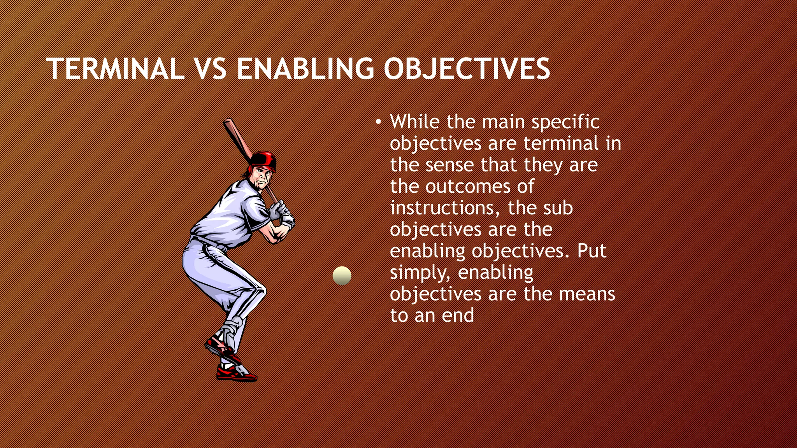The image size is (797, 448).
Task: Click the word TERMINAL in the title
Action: click(x=115, y=69)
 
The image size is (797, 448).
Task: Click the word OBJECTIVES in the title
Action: click(x=467, y=69)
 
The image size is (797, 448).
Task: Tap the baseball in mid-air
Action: click(x=342, y=275)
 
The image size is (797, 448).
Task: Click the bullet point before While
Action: click(x=378, y=122)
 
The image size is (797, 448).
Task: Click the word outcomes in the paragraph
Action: click(x=468, y=187)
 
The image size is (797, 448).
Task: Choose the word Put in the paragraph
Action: click(x=592, y=251)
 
